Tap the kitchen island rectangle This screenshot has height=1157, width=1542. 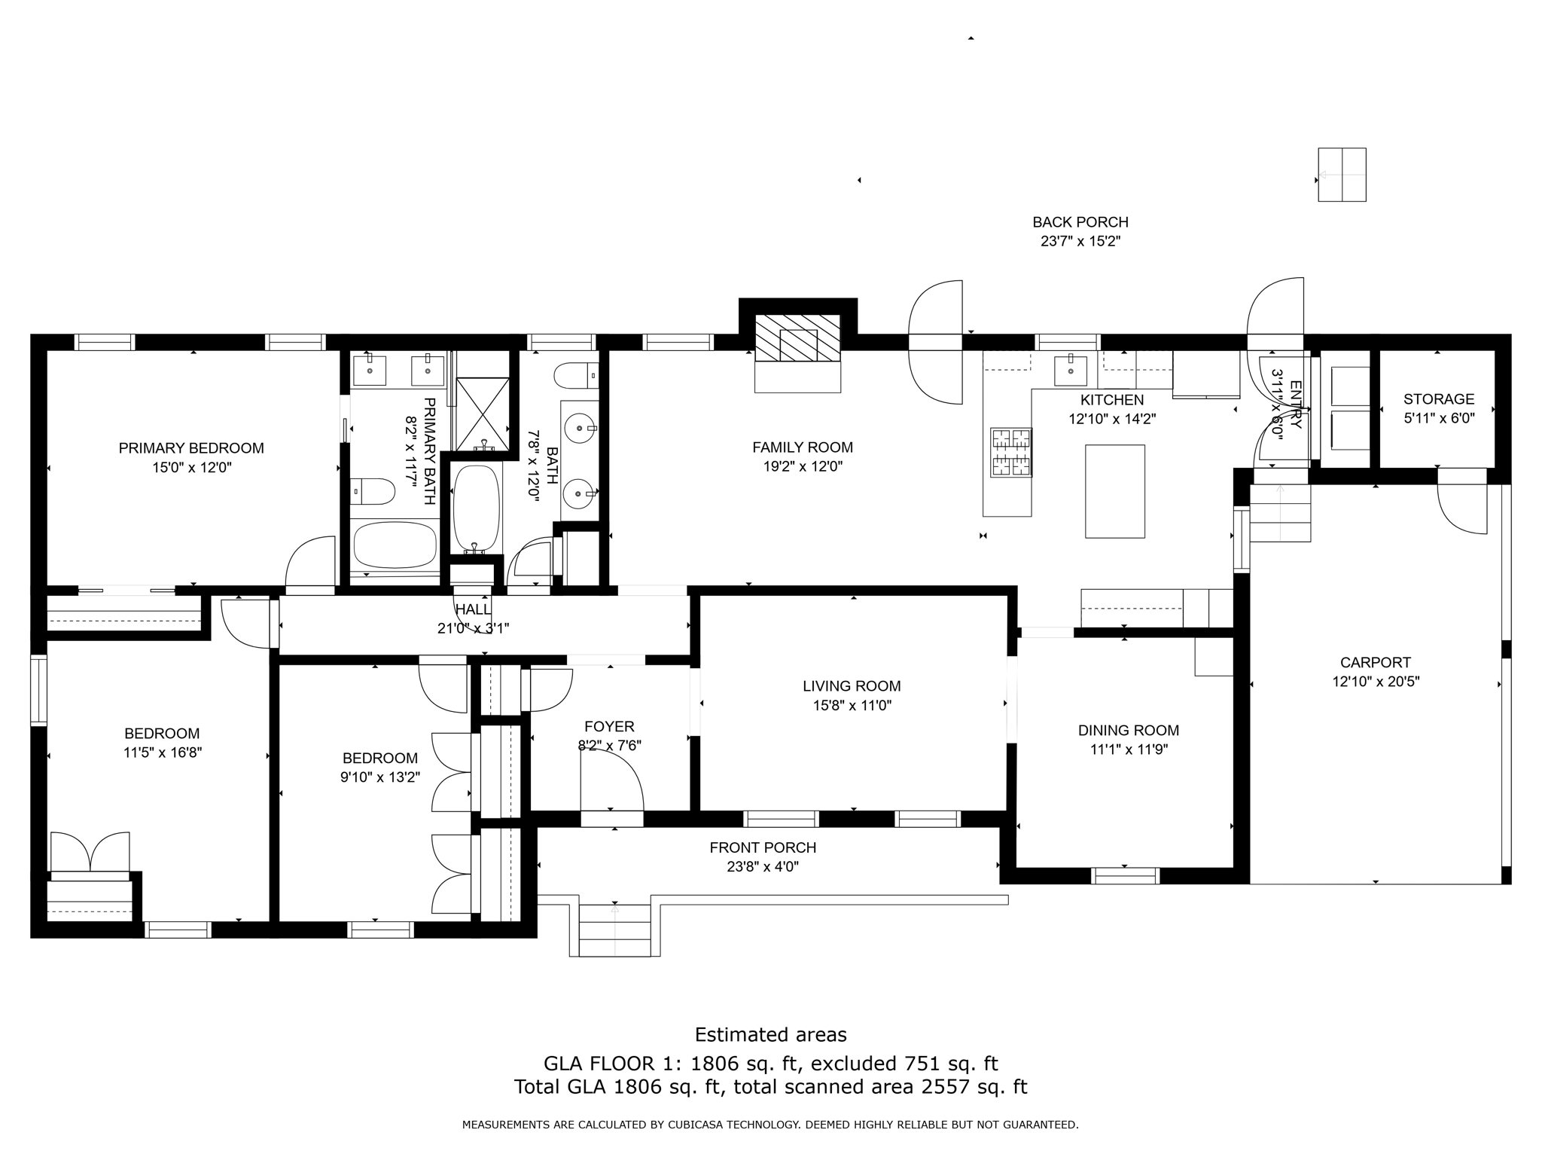tap(1114, 491)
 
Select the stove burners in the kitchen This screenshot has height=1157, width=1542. tap(1011, 452)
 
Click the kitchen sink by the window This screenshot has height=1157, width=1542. tap(1071, 368)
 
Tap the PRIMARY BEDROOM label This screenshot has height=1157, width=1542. tap(191, 448)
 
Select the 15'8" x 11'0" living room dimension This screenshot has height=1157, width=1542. tap(852, 706)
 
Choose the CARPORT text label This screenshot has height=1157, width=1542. tap(1375, 663)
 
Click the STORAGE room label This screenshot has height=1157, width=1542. tap(1438, 399)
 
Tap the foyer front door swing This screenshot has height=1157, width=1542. tap(611, 783)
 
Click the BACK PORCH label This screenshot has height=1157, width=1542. tap(1080, 222)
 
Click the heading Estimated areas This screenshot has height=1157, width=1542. tap(770, 1035)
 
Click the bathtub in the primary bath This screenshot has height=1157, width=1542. tap(395, 546)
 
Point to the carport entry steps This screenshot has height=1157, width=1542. tap(1280, 513)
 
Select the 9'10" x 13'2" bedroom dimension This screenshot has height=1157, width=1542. tap(379, 777)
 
